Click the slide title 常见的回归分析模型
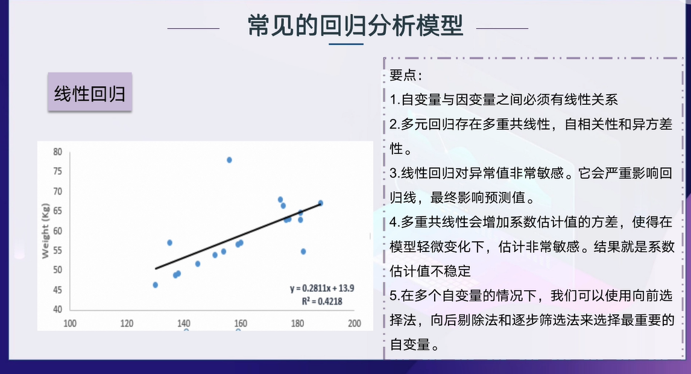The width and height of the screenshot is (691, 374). tap(355, 25)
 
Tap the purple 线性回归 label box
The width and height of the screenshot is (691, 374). tap(90, 92)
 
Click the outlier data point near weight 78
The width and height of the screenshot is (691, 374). tap(229, 160)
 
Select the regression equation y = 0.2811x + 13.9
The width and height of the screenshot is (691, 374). tap(322, 288)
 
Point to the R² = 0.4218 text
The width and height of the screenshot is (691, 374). tap(322, 301)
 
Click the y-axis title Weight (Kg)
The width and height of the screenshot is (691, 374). tap(45, 230)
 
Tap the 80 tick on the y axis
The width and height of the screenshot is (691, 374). tap(57, 152)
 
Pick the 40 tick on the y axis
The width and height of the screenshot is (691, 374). tap(57, 309)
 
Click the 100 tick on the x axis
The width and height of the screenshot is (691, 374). tap(70, 323)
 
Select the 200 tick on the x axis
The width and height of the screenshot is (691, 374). tap(355, 323)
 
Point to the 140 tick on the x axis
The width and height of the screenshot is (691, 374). tap(184, 323)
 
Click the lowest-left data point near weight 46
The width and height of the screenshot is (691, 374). tap(155, 285)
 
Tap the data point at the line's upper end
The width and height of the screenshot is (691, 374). tap(320, 203)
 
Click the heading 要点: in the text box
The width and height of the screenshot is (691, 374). tap(406, 75)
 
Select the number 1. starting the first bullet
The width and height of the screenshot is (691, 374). tap(395, 100)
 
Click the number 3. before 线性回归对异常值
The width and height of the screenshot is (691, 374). tap(395, 173)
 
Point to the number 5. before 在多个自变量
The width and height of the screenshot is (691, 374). tap(395, 296)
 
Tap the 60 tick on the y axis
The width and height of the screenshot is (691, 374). tap(57, 230)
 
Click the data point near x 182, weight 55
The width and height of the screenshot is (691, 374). tap(303, 252)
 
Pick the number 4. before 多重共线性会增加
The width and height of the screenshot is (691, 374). tap(395, 222)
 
